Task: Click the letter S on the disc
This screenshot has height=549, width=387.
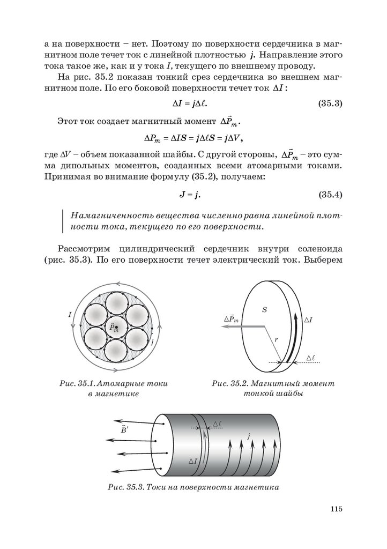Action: coord(264,310)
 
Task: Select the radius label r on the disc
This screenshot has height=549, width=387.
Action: coord(277,339)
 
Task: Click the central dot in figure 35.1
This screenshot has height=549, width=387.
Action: coord(116,327)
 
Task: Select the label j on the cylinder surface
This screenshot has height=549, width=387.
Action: coord(250,437)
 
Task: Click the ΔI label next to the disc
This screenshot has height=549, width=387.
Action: coord(309,320)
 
